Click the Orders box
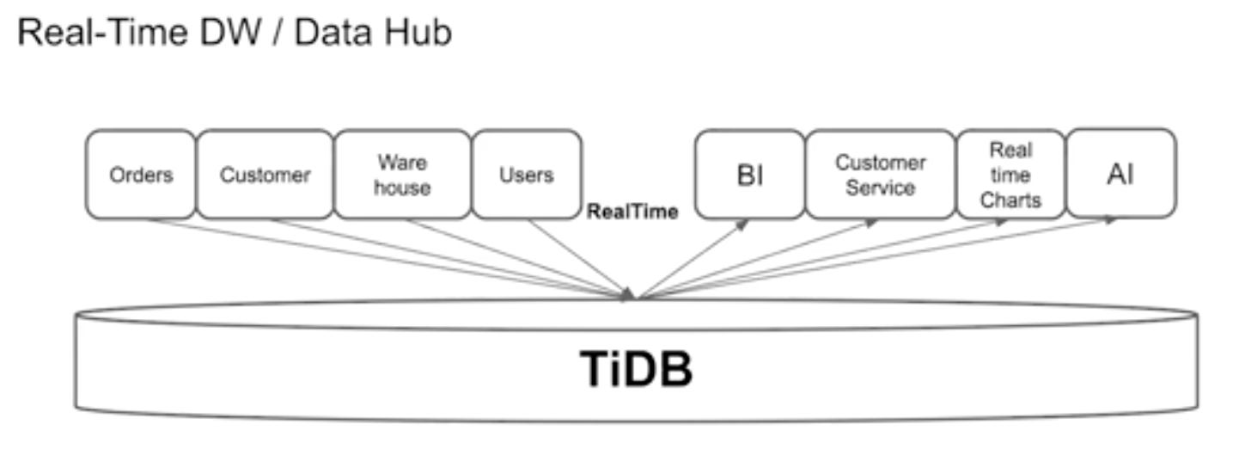[141, 175]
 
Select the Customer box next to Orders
[265, 175]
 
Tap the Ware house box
[403, 175]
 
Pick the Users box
[527, 175]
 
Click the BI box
[750, 175]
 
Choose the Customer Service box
[881, 175]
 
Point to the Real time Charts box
[1011, 175]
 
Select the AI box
[1121, 174]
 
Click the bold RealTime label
[632, 212]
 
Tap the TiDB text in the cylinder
[636, 369]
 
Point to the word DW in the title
[230, 32]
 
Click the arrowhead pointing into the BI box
[742, 224]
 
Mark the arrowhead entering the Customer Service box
[872, 223]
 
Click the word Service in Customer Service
[881, 188]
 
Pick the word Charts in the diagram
[1011, 200]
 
